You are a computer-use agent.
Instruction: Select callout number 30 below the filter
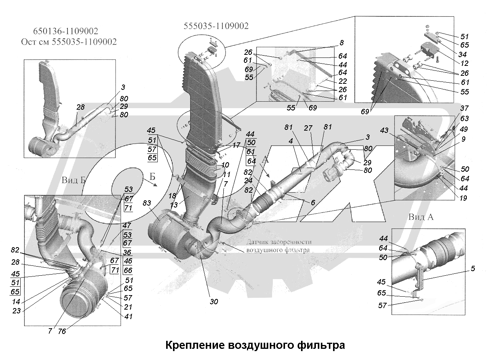tap(214, 302)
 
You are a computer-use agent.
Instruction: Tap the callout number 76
tap(62, 331)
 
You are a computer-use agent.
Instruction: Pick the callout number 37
tap(464, 109)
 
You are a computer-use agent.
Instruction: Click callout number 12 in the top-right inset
tap(464, 64)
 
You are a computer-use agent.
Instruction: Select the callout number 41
tap(128, 316)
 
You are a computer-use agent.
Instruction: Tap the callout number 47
tap(127, 225)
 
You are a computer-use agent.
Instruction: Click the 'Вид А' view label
tap(421, 217)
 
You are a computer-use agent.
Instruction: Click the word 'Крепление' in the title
tap(194, 345)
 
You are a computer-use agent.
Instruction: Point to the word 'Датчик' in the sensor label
tap(258, 242)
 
